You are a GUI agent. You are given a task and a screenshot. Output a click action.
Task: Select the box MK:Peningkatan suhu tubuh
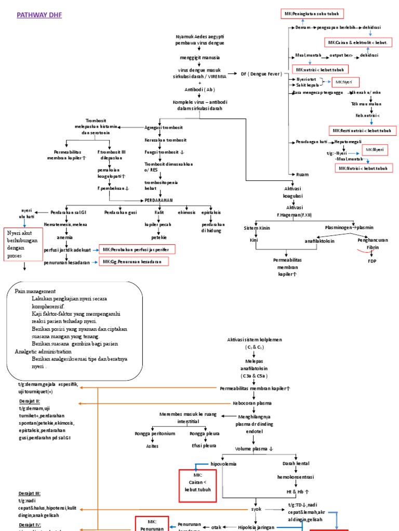click(x=321, y=13)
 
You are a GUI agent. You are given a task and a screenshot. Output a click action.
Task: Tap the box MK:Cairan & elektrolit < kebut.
click(x=358, y=42)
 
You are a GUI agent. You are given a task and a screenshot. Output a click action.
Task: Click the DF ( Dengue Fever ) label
click(x=261, y=74)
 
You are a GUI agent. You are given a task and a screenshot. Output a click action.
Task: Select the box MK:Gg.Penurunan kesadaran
click(x=132, y=262)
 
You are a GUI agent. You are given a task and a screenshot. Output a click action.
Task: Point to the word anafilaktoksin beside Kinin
click(x=320, y=241)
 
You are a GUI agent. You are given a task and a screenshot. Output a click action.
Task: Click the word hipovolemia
click(x=223, y=463)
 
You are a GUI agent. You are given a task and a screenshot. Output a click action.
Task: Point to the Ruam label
click(x=302, y=175)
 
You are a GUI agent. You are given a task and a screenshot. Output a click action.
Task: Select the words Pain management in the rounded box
click(x=35, y=291)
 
